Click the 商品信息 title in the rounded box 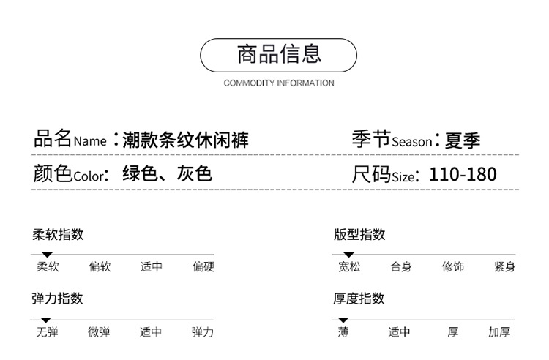tap(279, 54)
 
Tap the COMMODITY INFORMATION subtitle tap(279, 83)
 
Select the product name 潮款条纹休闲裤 tap(185, 140)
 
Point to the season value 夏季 tap(462, 140)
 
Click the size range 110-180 tap(463, 174)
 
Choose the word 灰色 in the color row tap(194, 173)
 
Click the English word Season tap(411, 142)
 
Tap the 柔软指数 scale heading tap(58, 234)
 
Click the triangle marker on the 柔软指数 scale tap(47, 255)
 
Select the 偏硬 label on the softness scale tap(203, 266)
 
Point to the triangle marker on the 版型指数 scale tap(348, 255)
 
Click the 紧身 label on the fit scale tap(504, 266)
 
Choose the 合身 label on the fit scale tap(401, 266)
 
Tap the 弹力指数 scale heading tap(57, 299)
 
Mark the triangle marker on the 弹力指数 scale tap(46, 320)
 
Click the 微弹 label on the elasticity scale tap(99, 331)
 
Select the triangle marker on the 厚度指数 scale tap(343, 320)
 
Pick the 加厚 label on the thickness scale tap(499, 331)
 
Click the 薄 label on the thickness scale tap(343, 331)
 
